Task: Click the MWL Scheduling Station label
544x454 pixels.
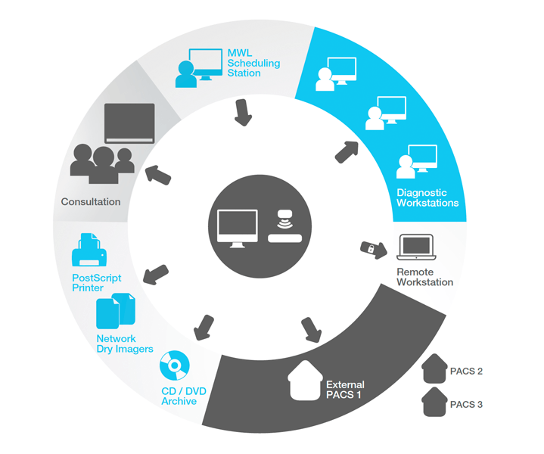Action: pyautogui.click(x=253, y=63)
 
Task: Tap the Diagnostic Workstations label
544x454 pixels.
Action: pyautogui.click(x=427, y=197)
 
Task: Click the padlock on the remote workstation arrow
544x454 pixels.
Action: pyautogui.click(x=372, y=248)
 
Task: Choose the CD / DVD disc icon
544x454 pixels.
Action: pyautogui.click(x=174, y=368)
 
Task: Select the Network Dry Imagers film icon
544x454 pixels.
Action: pyautogui.click(x=116, y=311)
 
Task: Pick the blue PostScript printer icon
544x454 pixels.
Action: pyautogui.click(x=88, y=250)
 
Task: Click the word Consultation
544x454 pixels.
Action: pyautogui.click(x=91, y=202)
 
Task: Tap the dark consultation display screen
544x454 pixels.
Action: pyautogui.click(x=129, y=124)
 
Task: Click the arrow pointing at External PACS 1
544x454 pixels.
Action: pyautogui.click(x=311, y=329)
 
